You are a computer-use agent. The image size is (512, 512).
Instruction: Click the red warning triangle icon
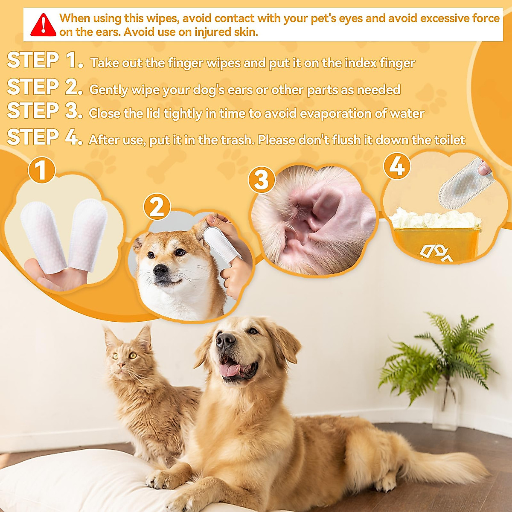click(43, 25)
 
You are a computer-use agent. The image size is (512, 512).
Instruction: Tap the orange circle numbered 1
click(41, 170)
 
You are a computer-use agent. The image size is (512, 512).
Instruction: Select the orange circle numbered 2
click(157, 207)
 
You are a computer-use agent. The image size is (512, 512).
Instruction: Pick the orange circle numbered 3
click(261, 179)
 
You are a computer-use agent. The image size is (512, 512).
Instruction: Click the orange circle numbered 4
click(397, 166)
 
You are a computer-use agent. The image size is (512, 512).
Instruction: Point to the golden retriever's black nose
click(225, 340)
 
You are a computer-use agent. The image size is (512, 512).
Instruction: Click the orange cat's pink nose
click(122, 366)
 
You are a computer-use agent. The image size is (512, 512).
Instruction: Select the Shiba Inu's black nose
click(160, 270)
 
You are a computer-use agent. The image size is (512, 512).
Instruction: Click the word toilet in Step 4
click(449, 140)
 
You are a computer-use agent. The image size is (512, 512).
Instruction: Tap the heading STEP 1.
click(45, 61)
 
